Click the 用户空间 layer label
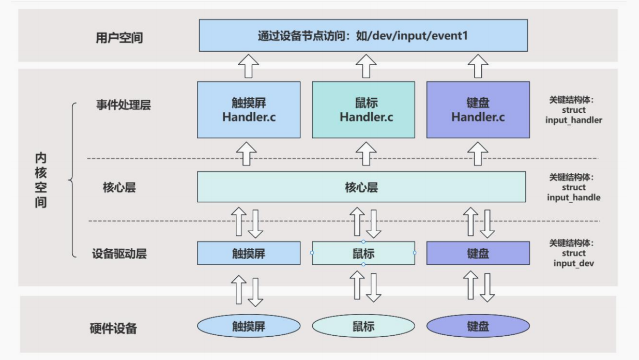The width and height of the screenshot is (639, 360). point(119,37)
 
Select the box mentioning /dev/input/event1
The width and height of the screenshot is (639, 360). point(363,36)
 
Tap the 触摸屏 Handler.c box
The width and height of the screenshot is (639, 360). point(249,110)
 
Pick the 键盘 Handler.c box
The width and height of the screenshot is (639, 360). point(478,110)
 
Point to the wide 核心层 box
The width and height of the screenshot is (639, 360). point(361,187)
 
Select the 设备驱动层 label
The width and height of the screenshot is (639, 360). point(119,253)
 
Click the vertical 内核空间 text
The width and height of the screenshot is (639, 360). point(41,180)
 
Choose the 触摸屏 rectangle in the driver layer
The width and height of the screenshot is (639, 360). point(249,253)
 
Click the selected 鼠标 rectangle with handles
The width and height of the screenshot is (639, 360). point(363,253)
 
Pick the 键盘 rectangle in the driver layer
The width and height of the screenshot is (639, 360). point(478,253)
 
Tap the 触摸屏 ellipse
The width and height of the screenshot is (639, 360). point(249,326)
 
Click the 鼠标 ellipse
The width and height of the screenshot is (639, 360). point(363,326)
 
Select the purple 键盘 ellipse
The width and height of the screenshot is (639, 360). point(478,326)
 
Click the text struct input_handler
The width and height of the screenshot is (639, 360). point(573,115)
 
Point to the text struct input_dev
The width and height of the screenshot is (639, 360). point(573,258)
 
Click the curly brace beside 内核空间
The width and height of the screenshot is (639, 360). point(72,180)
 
